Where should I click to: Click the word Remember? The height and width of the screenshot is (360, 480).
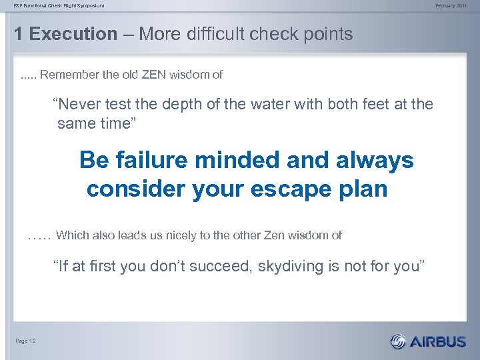point(67,75)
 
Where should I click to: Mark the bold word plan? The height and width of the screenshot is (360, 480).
point(363,189)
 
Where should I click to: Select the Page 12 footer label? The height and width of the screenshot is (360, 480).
point(25,341)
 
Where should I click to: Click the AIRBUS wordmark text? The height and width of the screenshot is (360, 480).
point(437,341)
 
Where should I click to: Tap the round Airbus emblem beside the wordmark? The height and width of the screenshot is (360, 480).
point(398,341)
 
